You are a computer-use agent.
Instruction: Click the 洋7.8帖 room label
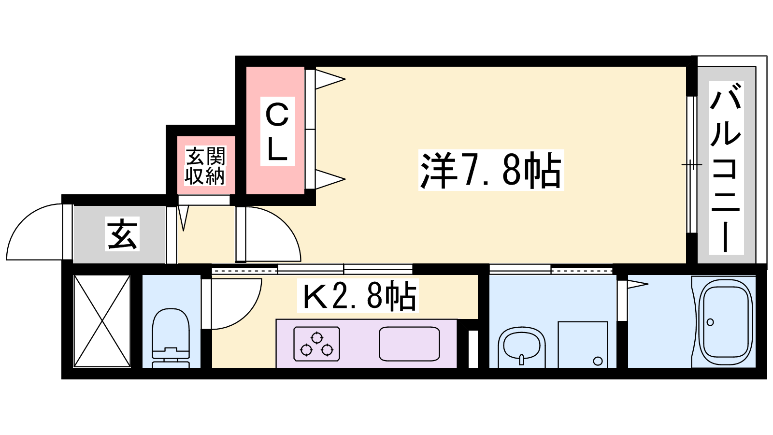[490, 170]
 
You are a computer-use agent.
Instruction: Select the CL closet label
[277, 131]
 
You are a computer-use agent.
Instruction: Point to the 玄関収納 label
[205, 166]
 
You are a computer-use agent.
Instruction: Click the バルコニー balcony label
[726, 168]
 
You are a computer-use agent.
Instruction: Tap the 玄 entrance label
[122, 234]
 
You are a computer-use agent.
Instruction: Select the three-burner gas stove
[316, 344]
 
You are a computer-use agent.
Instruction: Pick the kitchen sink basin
[409, 344]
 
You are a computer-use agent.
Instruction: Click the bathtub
[726, 322]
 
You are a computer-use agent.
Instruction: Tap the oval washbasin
[521, 345]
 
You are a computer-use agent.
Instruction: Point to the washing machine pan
[583, 344]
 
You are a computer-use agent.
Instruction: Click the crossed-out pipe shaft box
[102, 321]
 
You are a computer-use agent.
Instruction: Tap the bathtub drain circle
[710, 322]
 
